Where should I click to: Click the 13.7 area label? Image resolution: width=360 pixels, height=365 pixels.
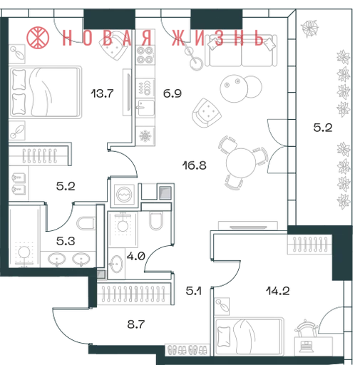tap(102, 93)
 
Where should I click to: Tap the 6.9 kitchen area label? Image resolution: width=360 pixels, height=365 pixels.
tap(173, 93)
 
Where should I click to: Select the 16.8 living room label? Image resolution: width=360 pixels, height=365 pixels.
tap(195, 165)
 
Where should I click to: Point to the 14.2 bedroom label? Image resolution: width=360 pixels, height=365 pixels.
tap(278, 291)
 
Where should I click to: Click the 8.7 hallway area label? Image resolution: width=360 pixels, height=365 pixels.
tap(136, 324)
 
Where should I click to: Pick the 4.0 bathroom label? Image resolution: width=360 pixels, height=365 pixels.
tap(136, 256)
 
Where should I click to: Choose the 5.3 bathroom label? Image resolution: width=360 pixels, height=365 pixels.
tap(66, 241)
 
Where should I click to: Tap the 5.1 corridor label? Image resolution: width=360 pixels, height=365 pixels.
tap(193, 291)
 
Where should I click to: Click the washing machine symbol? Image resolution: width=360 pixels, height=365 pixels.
tap(124, 194)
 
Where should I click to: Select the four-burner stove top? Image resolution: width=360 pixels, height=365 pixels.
tap(145, 55)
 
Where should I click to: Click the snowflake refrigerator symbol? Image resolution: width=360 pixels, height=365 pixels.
tap(145, 136)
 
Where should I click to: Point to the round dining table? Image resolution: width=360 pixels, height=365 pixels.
tap(241, 163)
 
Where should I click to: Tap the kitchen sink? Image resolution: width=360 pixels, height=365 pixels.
tap(145, 108)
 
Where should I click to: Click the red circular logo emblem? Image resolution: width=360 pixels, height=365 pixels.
tap(38, 38)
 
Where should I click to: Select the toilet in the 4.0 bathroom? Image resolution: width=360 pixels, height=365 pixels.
tap(156, 221)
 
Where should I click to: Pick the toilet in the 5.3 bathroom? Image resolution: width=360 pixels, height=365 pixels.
tap(86, 223)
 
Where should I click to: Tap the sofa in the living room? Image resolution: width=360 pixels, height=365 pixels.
tap(241, 51)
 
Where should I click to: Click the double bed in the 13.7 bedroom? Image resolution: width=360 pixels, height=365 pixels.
tap(46, 92)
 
